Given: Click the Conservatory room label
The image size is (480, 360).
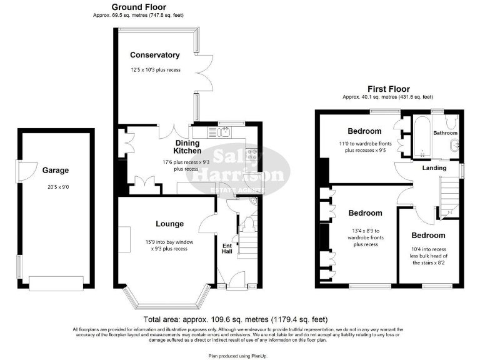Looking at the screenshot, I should [156, 55].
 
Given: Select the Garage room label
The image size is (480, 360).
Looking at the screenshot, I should [56, 170].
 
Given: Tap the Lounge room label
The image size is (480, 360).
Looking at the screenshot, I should [169, 224].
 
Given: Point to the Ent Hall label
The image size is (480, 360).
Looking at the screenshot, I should [227, 248].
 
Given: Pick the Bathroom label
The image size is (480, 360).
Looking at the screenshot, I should [446, 133].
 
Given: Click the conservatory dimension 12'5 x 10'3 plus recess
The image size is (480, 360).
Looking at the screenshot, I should [156, 70].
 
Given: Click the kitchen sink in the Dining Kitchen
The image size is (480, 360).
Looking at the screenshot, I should [224, 132].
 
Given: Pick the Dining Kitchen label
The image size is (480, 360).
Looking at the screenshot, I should [187, 147].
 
